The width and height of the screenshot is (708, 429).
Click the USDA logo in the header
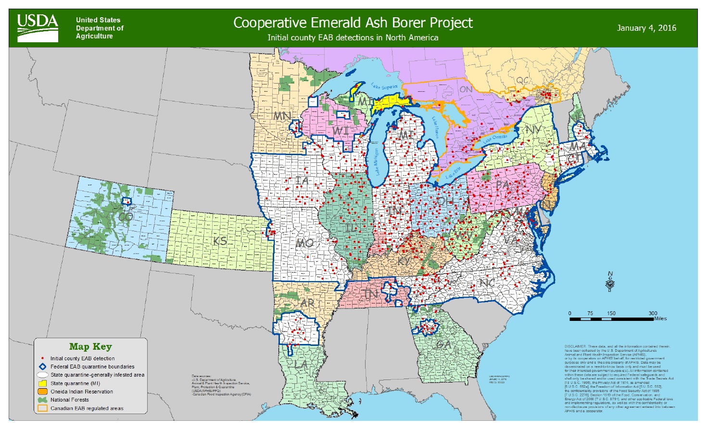pos(38,28)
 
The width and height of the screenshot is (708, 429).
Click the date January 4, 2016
pos(646,28)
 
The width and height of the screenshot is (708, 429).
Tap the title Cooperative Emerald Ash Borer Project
pos(353,23)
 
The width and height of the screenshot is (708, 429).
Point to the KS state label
pos(220,241)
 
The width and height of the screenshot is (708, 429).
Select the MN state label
pos(282,116)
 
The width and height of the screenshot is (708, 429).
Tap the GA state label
pos(443,344)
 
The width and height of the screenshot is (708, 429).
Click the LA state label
pos(301,365)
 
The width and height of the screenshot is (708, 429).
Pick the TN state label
pos(371,293)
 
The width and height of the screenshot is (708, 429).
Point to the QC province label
pos(522,80)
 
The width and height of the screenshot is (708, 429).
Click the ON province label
pos(466,89)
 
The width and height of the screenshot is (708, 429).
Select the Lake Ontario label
pos(495,138)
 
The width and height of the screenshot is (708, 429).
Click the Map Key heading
pos(90,346)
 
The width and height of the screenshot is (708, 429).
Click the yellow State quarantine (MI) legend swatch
pos(42,383)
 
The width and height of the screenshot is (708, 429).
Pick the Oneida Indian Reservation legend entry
pos(82,392)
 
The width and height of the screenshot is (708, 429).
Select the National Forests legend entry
pos(70,400)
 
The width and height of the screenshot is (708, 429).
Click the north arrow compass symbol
pos(610,282)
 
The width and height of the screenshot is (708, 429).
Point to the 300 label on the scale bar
pos(653,313)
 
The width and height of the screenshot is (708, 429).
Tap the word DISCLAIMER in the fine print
pos(575,346)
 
